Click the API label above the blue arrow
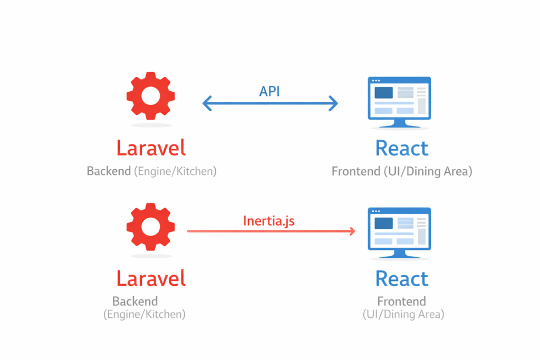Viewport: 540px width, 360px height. point(269,91)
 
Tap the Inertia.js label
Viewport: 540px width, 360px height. point(269,220)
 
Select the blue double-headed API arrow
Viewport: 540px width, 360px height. point(270,104)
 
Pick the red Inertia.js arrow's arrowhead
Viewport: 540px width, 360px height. point(350,231)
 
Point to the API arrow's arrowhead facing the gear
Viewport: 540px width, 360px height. point(207,104)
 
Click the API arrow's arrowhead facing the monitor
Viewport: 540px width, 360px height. point(333,104)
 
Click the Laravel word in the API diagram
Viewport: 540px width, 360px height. point(151,148)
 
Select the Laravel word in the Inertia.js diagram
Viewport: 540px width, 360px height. point(151,278)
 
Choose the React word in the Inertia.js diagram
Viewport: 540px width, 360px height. point(402,278)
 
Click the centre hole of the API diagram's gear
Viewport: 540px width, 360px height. point(151,95)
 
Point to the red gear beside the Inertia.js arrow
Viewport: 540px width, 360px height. point(151,227)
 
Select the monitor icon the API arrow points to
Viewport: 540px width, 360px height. point(399,100)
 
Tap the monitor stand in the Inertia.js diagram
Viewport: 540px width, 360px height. point(399,254)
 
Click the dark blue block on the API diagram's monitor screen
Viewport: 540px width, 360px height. point(383,93)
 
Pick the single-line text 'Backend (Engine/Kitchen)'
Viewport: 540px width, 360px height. point(151,171)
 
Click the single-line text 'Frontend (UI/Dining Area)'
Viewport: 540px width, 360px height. point(401,171)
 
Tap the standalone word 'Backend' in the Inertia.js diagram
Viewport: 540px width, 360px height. point(135,301)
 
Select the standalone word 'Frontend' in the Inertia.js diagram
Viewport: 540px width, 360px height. point(402,301)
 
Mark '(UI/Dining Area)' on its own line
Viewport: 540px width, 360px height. point(403,315)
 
